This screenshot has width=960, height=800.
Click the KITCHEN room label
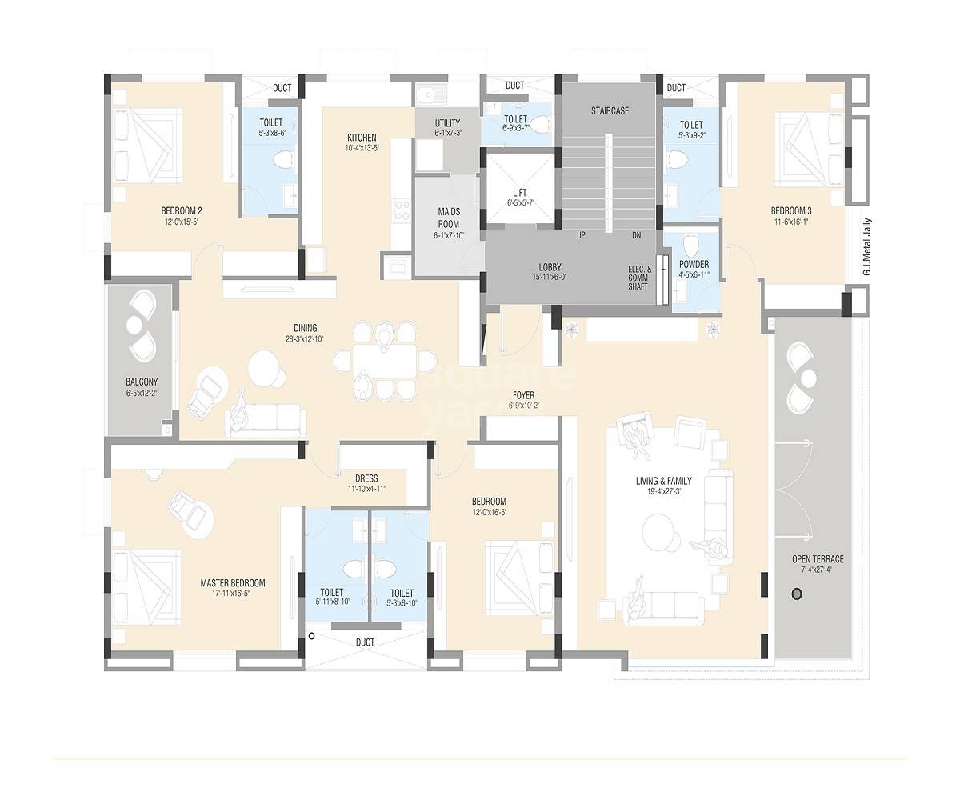(x=362, y=137)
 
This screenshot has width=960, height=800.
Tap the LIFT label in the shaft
(x=519, y=193)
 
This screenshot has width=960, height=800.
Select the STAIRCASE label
(x=610, y=111)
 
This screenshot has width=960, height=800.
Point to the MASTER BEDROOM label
(x=232, y=583)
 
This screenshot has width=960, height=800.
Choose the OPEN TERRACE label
(x=818, y=559)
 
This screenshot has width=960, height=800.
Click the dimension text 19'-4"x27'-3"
(x=664, y=492)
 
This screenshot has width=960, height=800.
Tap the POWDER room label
(x=694, y=265)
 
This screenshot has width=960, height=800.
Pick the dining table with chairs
(x=385, y=359)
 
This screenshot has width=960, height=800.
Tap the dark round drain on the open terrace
(x=796, y=594)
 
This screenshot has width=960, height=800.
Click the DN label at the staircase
(x=636, y=236)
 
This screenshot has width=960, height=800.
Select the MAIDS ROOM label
(x=448, y=218)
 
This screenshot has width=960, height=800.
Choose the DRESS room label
(x=366, y=478)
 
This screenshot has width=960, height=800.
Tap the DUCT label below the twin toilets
(x=365, y=642)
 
